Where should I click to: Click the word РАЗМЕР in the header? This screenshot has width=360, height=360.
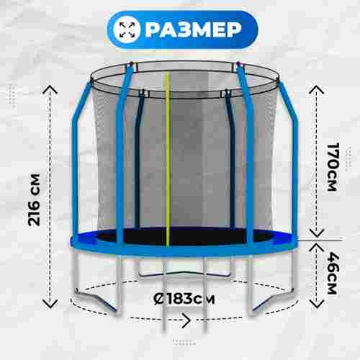pos(193,30)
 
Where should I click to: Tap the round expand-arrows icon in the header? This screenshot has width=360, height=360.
pos(127,30)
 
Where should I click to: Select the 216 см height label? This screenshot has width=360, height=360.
pos(34,200)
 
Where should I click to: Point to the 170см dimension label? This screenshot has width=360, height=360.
pos(333,167)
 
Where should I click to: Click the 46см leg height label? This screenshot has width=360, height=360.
pos(333,273)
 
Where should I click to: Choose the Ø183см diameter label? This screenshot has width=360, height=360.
pos(184,299)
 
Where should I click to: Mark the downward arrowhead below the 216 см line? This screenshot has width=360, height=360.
pos(50,304)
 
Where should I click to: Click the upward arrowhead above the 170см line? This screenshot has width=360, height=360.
pos(317,89)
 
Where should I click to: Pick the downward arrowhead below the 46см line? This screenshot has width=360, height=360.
pos(317,304)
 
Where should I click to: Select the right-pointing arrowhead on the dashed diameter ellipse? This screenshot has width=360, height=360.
pos(186,320)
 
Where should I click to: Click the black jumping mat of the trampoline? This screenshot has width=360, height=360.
pos(185,236)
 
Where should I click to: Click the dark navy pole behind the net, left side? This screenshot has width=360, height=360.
pos(138,158)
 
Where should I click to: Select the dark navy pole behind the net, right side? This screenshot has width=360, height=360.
pos(231,158)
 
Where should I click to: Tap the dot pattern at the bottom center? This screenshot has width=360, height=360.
pos(184,343)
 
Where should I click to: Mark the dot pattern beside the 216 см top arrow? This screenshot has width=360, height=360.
pos(12,97)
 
